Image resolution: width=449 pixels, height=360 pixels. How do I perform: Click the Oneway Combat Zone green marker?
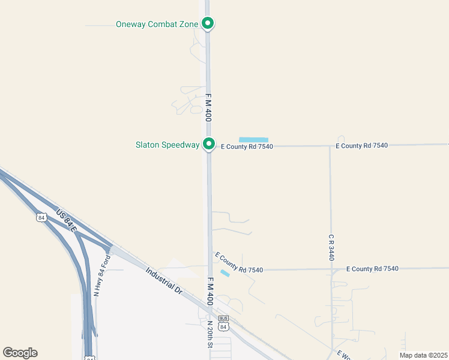(x=208, y=23)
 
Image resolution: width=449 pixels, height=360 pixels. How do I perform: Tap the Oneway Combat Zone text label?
(x=157, y=25)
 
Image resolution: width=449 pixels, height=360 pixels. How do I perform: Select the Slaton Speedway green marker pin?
(x=208, y=143)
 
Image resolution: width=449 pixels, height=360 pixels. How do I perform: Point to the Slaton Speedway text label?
(x=167, y=145)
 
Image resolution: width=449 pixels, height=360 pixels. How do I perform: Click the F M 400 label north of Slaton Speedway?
(x=208, y=107)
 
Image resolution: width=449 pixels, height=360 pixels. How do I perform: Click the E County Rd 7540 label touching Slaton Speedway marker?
(x=247, y=146)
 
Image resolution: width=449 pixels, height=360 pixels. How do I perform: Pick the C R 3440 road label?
(x=331, y=247)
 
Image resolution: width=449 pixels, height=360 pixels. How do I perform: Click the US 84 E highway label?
(x=67, y=221)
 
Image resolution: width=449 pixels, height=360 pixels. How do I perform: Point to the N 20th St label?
(x=210, y=335)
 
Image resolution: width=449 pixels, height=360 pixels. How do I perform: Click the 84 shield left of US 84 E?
(x=41, y=218)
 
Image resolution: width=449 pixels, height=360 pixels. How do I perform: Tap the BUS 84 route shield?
(x=223, y=323)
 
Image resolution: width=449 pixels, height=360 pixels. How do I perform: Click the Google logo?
(x=20, y=353)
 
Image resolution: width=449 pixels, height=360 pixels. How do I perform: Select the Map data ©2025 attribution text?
(x=423, y=355)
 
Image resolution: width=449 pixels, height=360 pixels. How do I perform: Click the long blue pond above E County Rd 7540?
(x=253, y=140)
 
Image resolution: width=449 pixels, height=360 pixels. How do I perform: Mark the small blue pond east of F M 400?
(x=224, y=274)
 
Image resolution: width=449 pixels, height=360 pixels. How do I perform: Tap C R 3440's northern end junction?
(x=330, y=146)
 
